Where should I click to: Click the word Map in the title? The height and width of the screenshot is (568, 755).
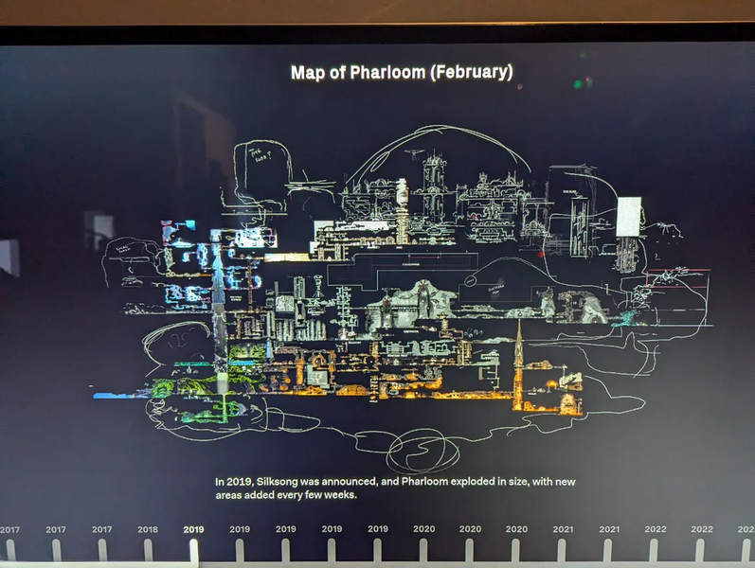click(307, 73)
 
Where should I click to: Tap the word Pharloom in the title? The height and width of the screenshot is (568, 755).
click(385, 73)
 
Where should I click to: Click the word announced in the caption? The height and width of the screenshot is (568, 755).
click(342, 482)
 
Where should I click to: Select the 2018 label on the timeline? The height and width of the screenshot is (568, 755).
click(148, 529)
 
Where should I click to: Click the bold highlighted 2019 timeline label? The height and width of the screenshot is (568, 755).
click(193, 529)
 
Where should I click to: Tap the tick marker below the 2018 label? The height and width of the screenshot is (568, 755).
click(148, 550)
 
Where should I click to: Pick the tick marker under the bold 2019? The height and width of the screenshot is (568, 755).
click(194, 550)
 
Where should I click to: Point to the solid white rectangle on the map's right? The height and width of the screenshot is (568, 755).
click(629, 216)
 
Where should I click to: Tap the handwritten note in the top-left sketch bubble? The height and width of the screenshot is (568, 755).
click(259, 152)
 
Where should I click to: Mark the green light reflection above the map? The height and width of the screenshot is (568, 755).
click(577, 84)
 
